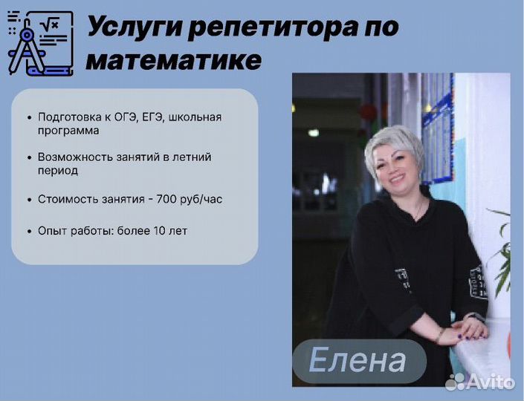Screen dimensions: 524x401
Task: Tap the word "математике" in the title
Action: tap(174, 60)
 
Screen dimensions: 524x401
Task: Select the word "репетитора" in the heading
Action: tap(272, 28)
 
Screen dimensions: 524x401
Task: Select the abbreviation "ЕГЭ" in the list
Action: tap(152, 117)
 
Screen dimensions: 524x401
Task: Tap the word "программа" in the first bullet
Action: tap(68, 131)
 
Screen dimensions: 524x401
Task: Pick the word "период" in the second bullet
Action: tap(58, 171)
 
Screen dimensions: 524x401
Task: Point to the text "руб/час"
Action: tap(201, 199)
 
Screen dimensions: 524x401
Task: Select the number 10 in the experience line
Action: tap(159, 231)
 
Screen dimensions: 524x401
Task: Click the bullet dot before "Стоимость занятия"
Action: tap(30, 200)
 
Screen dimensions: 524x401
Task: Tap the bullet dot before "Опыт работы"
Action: tap(30, 232)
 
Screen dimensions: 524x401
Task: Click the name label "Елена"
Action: tap(358, 360)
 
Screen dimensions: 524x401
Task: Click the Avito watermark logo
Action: tap(480, 382)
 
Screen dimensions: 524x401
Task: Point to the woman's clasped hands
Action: tap(468, 330)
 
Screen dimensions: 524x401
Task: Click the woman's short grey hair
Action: tap(395, 147)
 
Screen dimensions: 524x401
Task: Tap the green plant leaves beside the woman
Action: tap(501, 254)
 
